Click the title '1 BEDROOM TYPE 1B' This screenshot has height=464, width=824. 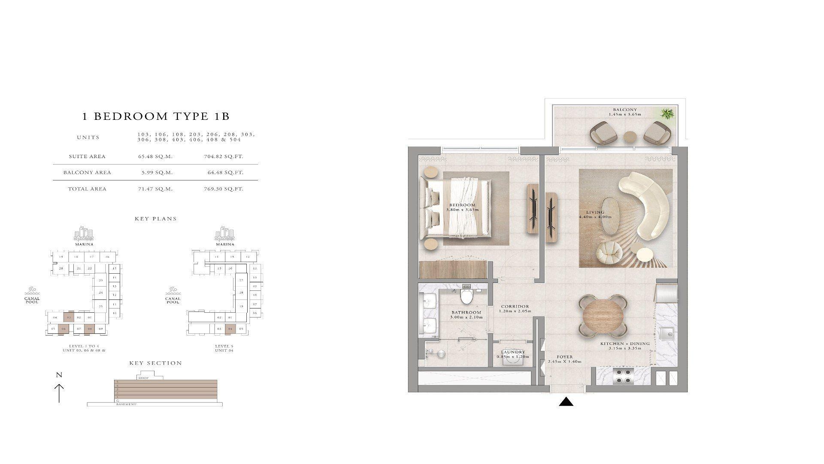[156, 116]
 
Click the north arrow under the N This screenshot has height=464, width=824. [59, 393]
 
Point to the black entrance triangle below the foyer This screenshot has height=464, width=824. [566, 402]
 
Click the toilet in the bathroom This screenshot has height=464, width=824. [466, 296]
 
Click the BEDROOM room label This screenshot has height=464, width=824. [462, 205]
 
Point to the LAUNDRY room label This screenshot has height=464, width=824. [513, 352]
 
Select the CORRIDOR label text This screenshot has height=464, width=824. [515, 306]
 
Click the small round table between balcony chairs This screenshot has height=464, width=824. [630, 137]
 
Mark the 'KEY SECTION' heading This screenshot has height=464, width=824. [156, 363]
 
